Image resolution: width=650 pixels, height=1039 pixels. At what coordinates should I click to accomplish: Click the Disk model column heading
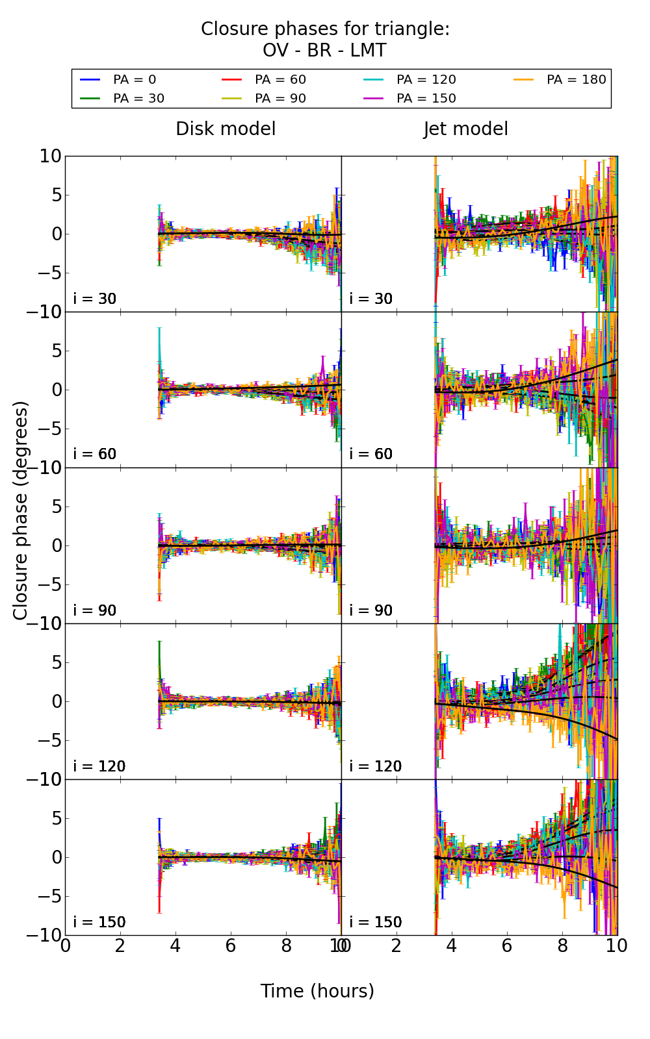(226, 129)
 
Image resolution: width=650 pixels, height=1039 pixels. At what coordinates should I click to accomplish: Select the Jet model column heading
(465, 129)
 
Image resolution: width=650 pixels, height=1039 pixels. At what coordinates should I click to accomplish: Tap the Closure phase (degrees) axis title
(21, 510)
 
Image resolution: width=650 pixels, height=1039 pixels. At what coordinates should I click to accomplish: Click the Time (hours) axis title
(317, 991)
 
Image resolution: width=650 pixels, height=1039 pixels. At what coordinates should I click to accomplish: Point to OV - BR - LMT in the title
(324, 51)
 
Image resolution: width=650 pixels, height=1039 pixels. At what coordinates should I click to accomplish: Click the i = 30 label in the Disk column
(95, 299)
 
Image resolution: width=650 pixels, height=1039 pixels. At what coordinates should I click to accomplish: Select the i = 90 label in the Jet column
(371, 610)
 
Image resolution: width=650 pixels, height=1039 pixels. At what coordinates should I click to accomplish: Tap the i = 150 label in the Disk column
(99, 922)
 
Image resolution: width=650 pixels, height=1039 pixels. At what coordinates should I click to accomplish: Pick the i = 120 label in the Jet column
(375, 766)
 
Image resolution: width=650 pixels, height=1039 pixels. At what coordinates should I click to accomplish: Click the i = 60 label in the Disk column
(95, 454)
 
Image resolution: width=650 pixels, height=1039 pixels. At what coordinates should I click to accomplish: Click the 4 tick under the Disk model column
(175, 945)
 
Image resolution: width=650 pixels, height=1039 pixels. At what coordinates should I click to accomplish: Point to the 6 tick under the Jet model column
(506, 945)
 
